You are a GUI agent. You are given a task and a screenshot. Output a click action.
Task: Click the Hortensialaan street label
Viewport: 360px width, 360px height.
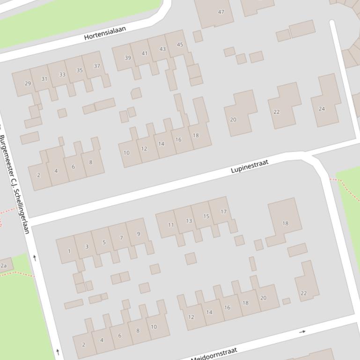(105, 33)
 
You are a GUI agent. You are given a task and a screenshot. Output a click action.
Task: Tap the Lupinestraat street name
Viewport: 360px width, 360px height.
(250, 166)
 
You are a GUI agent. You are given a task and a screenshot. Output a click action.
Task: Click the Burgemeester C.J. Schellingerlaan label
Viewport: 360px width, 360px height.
(15, 184)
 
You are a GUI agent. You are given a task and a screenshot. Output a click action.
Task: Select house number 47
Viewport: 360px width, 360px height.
(221, 12)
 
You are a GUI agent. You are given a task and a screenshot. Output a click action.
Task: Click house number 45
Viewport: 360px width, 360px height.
(180, 45)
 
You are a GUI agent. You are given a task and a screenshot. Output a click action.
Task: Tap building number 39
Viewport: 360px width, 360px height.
(127, 58)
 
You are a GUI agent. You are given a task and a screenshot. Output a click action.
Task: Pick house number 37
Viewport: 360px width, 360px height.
(97, 66)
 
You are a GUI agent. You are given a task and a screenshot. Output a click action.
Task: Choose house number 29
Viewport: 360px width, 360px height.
(28, 84)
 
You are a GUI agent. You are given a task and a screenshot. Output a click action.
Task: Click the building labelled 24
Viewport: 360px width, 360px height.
(322, 109)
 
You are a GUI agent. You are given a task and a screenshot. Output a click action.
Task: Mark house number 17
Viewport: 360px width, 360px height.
(223, 212)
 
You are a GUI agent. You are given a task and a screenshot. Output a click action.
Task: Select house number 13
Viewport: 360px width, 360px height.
(189, 221)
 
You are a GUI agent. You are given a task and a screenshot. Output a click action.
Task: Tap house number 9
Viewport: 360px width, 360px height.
(138, 234)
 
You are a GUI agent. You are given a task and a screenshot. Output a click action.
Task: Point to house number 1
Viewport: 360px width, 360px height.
(69, 251)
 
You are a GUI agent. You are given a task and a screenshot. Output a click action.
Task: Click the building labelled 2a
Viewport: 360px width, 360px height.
(4, 266)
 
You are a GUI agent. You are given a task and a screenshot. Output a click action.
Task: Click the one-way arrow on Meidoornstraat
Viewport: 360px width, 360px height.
(302, 331)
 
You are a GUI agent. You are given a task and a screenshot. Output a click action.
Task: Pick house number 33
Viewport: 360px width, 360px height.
(62, 75)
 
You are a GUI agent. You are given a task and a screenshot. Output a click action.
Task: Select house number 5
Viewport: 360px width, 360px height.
(104, 242)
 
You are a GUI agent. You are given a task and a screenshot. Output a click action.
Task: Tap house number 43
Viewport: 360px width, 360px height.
(162, 49)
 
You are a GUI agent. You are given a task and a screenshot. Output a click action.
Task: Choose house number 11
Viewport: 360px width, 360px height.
(171, 225)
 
